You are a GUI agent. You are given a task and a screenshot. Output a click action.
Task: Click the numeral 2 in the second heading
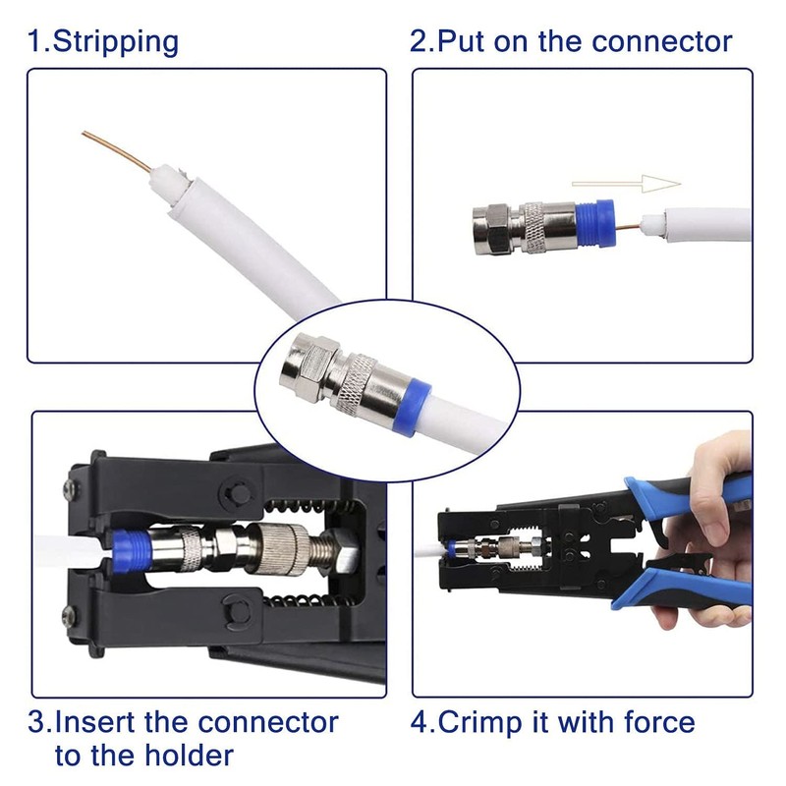click(418, 41)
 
